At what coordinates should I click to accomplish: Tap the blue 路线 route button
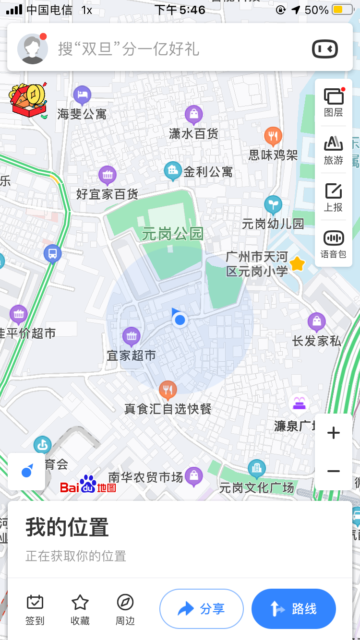tap(293, 609)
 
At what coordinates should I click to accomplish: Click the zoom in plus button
tap(333, 433)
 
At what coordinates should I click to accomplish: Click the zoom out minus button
tap(333, 471)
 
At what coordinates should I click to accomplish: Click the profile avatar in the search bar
tap(33, 48)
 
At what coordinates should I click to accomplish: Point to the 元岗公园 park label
tap(173, 234)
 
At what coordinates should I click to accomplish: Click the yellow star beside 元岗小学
tap(298, 263)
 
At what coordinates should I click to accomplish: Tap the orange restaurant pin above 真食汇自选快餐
tap(168, 390)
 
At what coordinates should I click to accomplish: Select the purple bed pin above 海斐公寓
tap(82, 95)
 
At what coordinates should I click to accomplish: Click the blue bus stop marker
tap(52, 253)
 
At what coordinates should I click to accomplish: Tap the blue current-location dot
tap(180, 320)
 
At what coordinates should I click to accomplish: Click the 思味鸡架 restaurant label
tap(273, 155)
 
